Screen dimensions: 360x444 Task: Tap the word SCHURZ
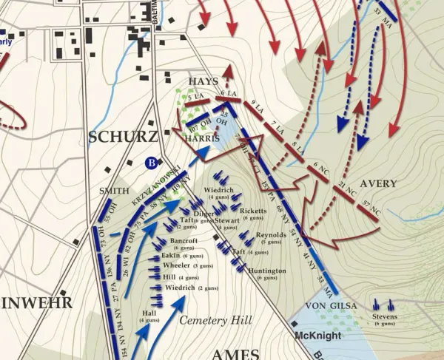click(122, 137)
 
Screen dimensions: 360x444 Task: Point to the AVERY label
click(378, 183)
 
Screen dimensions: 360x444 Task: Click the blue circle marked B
click(152, 163)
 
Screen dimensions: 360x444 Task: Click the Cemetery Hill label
click(216, 320)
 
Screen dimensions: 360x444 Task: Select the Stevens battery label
click(386, 317)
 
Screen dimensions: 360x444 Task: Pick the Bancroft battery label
click(183, 241)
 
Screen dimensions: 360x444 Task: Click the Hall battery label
click(149, 313)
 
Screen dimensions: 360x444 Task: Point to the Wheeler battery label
click(176, 265)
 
